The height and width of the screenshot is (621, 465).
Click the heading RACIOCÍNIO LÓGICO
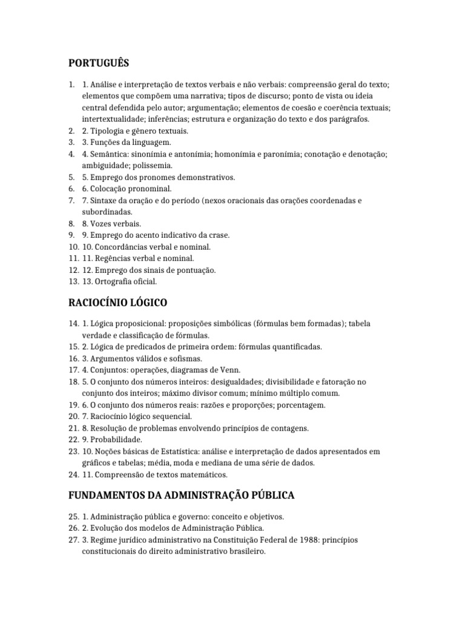[117, 302]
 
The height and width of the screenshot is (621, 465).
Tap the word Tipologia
[110, 131]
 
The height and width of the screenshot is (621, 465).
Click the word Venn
[230, 370]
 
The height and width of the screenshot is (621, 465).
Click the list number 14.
[73, 324]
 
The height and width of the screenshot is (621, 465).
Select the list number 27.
[73, 542]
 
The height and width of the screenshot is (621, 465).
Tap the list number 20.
[73, 417]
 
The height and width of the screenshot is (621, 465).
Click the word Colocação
[109, 189]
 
